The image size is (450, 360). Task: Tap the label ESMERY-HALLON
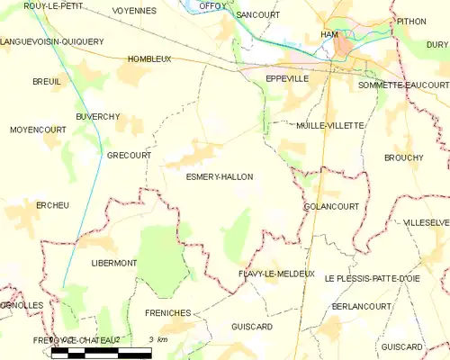(219, 177)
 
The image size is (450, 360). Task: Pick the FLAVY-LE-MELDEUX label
(276, 274)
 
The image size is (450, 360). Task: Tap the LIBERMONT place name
(113, 263)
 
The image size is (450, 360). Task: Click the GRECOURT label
(129, 155)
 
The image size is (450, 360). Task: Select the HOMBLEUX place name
(149, 58)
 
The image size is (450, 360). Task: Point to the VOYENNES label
(134, 11)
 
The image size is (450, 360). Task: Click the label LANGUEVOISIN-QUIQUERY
(52, 41)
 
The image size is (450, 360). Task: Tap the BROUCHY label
(403, 157)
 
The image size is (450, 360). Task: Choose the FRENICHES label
(166, 312)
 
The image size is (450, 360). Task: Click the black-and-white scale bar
(102, 351)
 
